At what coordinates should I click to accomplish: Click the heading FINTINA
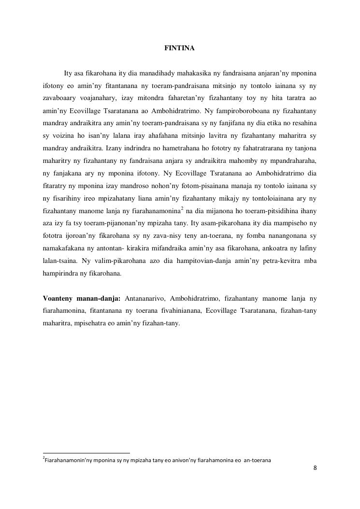[x=179, y=48]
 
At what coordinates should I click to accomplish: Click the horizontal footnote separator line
[x=86, y=453]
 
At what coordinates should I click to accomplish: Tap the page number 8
[x=315, y=468]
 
